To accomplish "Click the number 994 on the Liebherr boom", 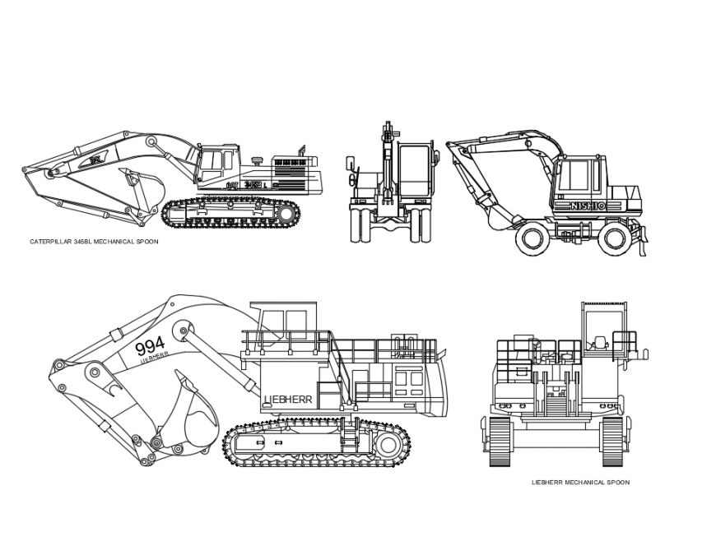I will [150, 345].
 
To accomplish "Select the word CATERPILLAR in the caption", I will [51, 242].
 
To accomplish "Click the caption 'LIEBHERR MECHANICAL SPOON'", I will [580, 483].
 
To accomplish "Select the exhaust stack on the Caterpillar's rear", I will [302, 152].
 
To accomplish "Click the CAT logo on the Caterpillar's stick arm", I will [97, 158].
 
